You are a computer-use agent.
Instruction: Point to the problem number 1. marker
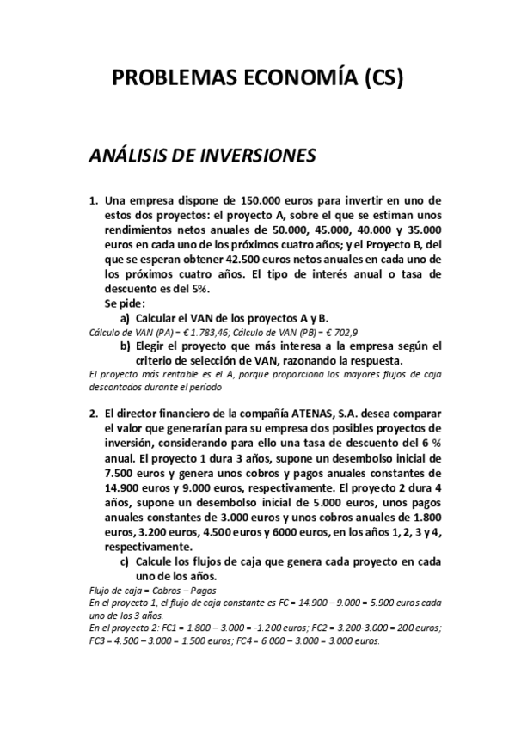coord(94,199)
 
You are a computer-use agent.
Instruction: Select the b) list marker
coord(126,346)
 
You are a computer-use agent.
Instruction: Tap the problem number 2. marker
coord(94,413)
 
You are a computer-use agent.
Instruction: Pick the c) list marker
coord(126,562)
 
